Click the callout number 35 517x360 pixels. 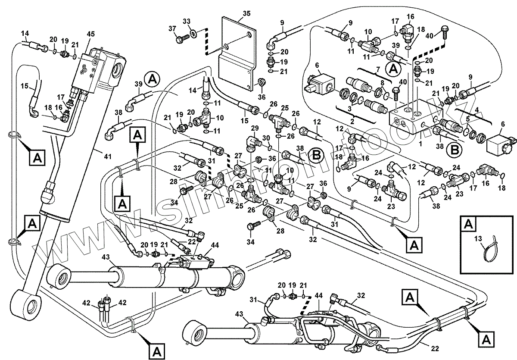pos(246,13)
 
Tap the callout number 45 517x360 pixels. pos(91,34)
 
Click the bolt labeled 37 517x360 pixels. pos(181,39)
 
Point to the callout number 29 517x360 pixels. pos(254,128)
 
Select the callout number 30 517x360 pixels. pos(266,138)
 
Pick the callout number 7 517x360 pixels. pos(378,69)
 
